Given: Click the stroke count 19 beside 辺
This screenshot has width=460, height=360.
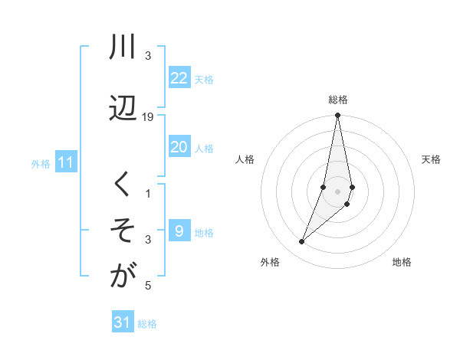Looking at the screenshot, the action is click(x=148, y=117).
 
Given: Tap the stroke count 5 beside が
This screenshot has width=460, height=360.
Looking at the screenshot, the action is click(x=148, y=286).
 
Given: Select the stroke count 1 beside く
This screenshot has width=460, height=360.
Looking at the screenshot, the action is click(x=148, y=194).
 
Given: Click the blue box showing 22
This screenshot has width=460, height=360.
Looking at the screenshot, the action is click(x=179, y=78).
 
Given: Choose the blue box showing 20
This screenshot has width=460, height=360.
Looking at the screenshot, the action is click(x=179, y=147).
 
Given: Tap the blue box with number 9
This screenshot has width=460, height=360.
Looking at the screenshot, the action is click(x=179, y=231).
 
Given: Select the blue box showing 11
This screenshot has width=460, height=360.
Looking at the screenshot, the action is click(x=65, y=162).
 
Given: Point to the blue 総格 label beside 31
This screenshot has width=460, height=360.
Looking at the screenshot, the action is click(x=147, y=324).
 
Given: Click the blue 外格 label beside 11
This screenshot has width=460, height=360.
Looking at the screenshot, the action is click(x=41, y=163).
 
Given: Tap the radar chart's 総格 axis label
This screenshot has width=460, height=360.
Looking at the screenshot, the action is click(x=338, y=100).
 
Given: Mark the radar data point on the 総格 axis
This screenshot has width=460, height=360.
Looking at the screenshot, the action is click(x=337, y=115).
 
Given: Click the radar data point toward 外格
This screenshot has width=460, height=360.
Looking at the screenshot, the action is click(x=302, y=241).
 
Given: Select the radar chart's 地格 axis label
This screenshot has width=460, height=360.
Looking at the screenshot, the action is click(x=402, y=263).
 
